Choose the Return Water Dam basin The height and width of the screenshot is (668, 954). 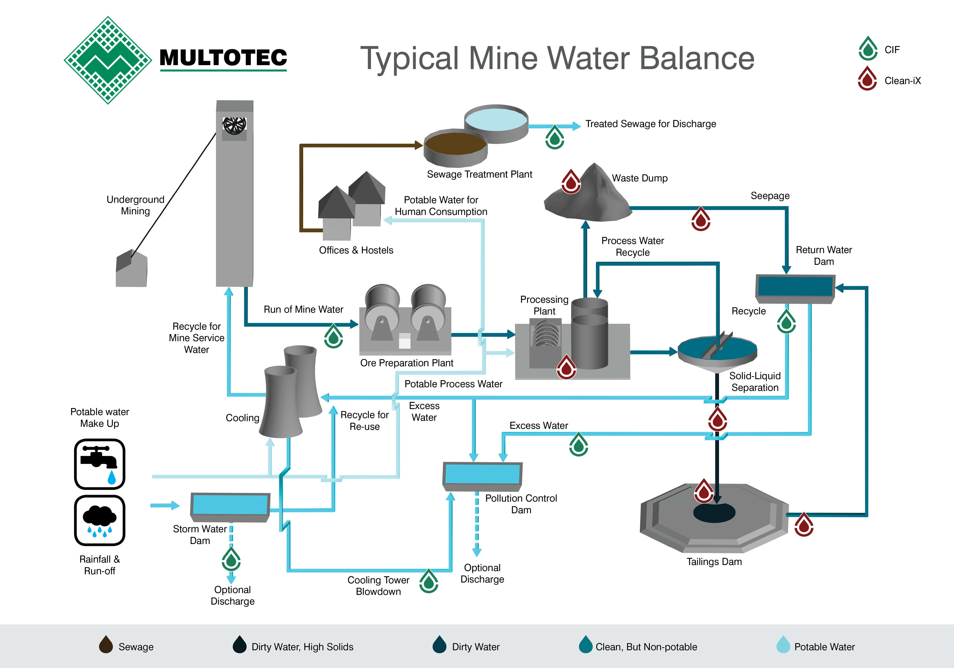click(x=795, y=287)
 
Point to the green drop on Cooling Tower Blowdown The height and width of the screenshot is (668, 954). click(x=429, y=581)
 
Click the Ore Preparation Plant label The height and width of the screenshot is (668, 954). click(x=406, y=363)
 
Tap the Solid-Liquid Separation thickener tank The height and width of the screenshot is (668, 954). click(x=717, y=351)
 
